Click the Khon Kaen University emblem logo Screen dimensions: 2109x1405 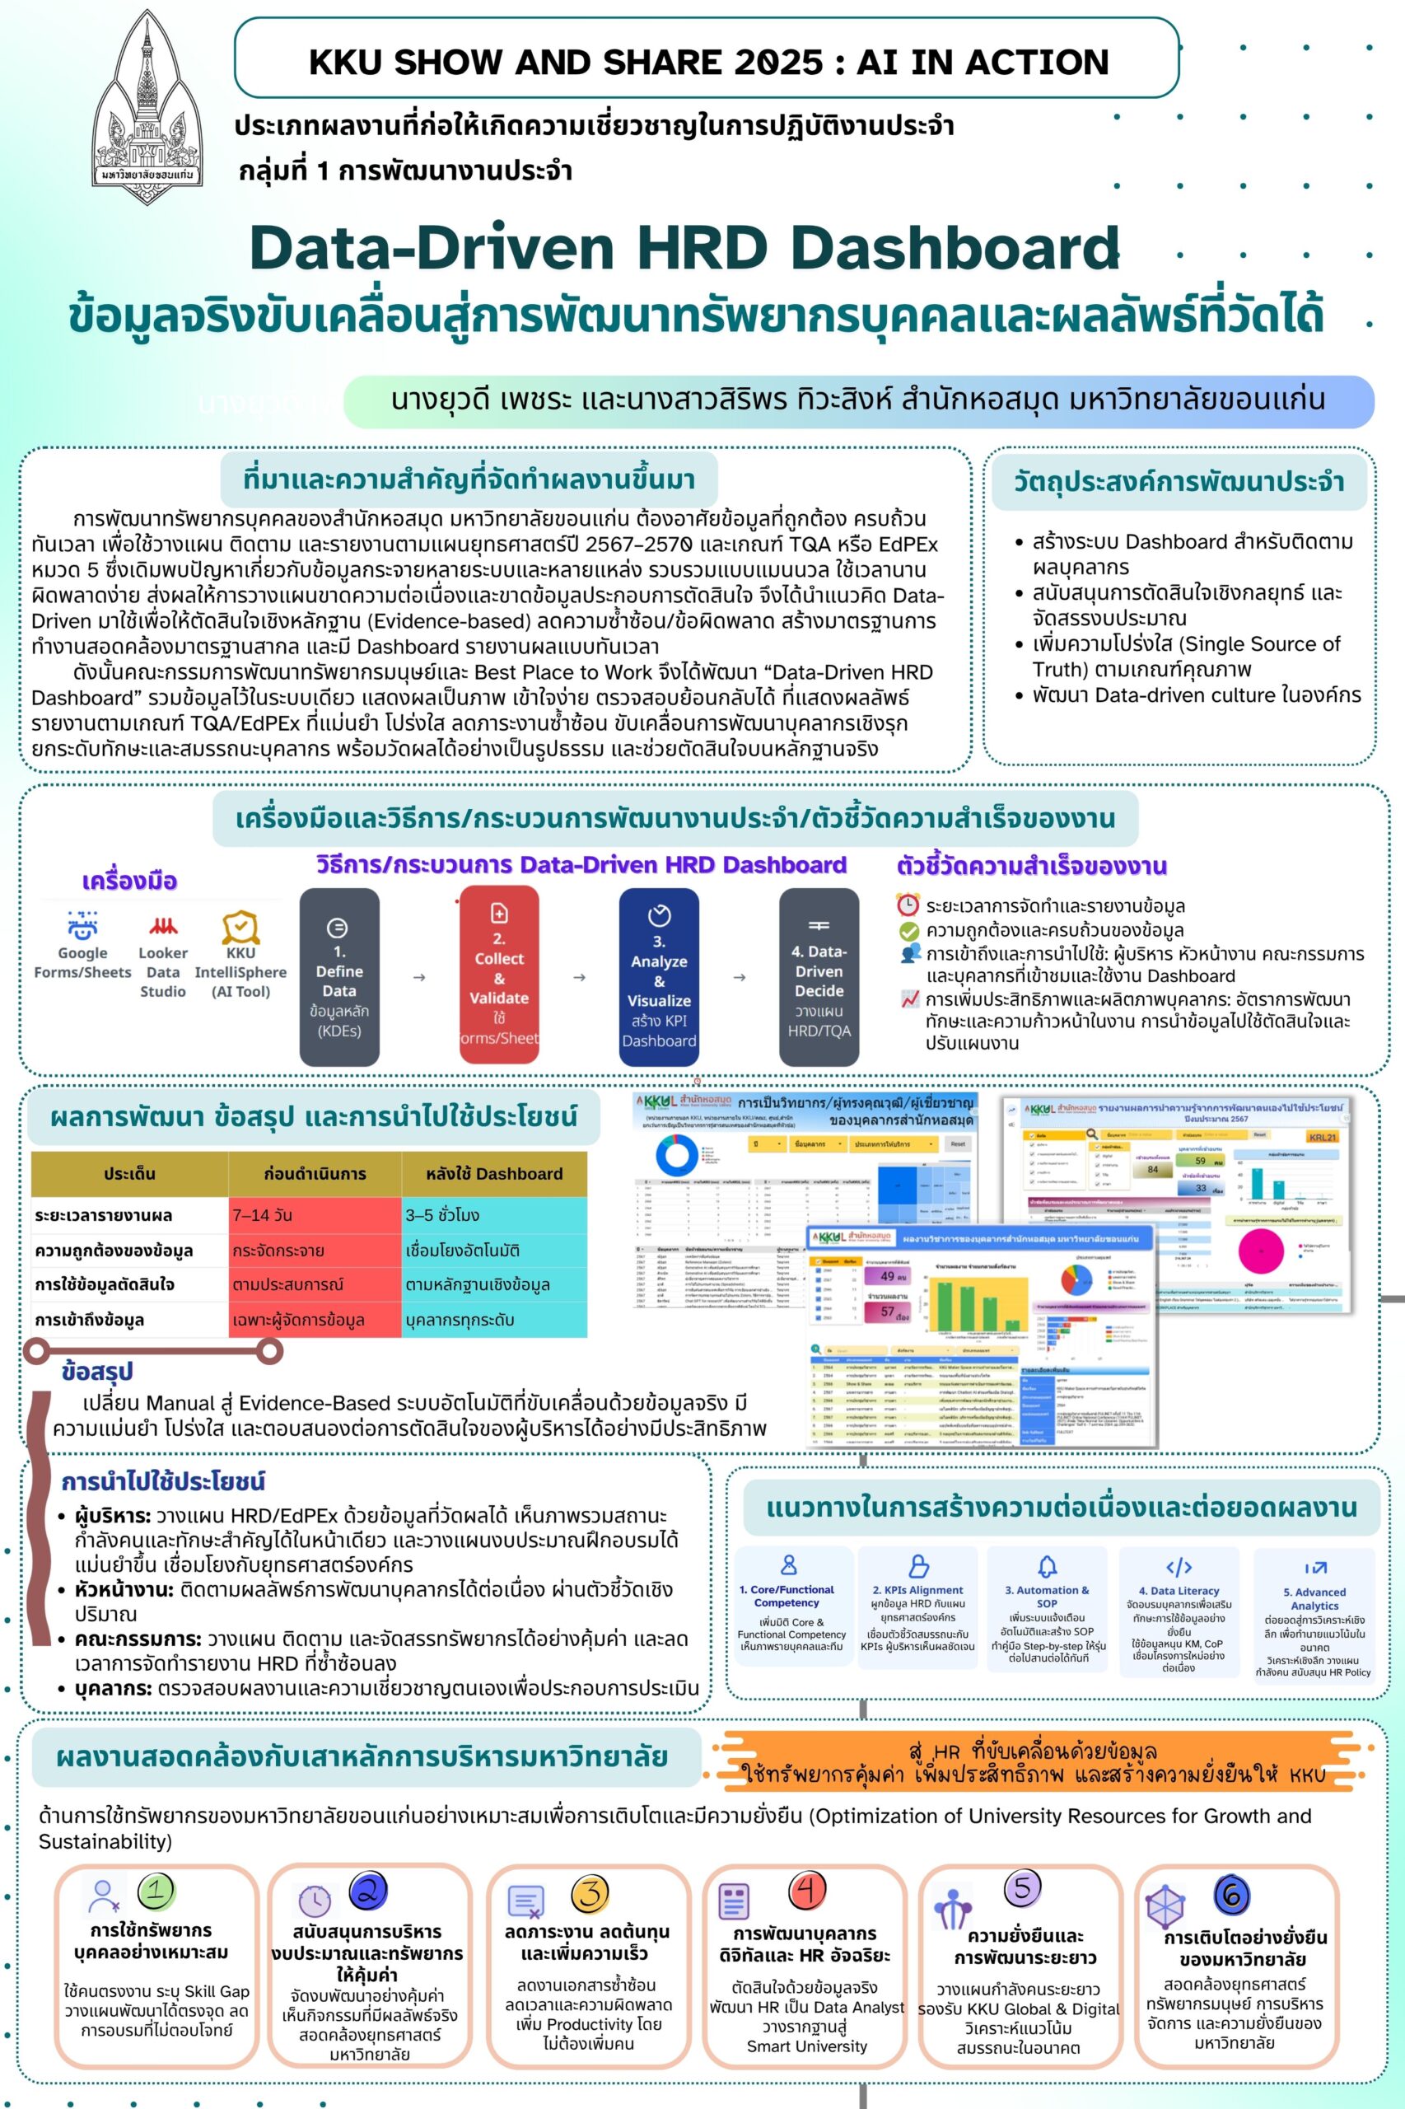click(147, 99)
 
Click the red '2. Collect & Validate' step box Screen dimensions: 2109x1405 click(499, 975)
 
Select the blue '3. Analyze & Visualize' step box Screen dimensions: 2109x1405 click(659, 977)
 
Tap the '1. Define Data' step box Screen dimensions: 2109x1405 click(338, 977)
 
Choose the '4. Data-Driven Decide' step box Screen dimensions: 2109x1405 click(819, 977)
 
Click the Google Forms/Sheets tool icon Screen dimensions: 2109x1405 click(82, 925)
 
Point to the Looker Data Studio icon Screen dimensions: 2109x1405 click(163, 926)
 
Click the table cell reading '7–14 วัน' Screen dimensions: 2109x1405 click(315, 1215)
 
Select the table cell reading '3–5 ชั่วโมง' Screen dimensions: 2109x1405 click(493, 1215)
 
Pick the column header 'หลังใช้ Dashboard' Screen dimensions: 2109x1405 click(493, 1173)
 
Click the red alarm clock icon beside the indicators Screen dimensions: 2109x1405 click(908, 905)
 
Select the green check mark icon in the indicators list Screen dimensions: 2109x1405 click(908, 930)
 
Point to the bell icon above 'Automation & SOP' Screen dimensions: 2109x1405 click(1047, 1566)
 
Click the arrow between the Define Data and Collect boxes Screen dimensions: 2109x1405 click(418, 978)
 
